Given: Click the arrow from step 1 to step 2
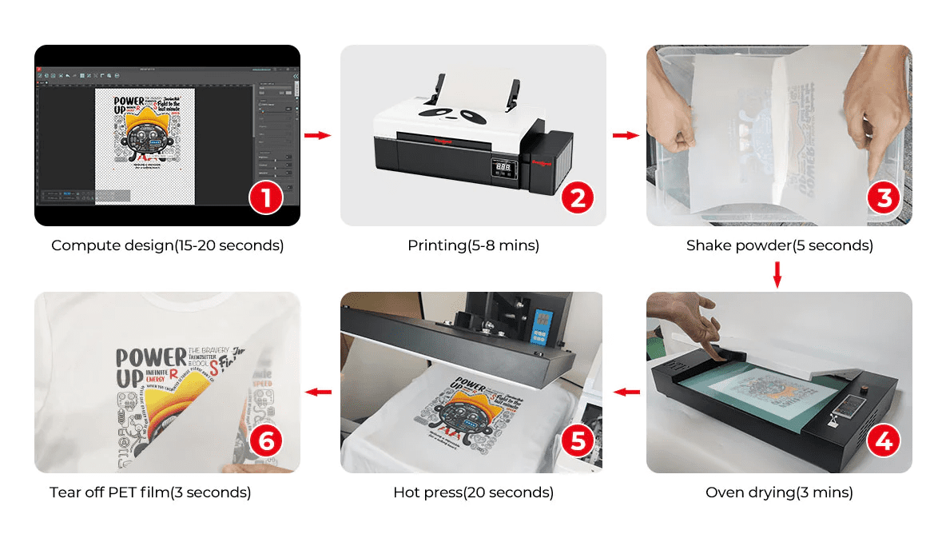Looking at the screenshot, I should pos(318,135).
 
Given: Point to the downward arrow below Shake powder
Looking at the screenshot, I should pos(777,275).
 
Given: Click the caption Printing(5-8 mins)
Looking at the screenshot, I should pos(473,245).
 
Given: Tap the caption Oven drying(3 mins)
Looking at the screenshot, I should pos(779,492).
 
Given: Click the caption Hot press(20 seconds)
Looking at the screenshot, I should pos(473,492).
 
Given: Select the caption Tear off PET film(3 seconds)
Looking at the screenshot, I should pos(150,492).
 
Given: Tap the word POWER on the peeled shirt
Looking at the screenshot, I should pos(149,357).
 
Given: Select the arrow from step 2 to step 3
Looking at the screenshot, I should pos(625,135).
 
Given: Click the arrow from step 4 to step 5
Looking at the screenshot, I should pos(626,392).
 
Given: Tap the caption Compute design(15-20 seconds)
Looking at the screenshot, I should pos(167,245).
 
